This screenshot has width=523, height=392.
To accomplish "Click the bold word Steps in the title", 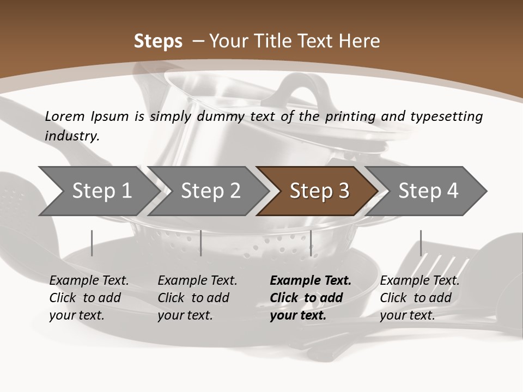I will pos(158,41).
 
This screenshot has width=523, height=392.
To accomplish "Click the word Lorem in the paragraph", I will pos(65,116).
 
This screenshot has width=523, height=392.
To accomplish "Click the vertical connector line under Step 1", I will pos(92,243).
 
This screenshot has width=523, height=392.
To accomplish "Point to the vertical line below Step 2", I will pos(201,243).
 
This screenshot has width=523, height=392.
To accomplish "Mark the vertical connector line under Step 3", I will pos(311,243).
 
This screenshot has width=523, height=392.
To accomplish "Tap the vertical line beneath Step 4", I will pos(421,243).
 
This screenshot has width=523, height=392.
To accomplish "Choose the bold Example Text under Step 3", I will pos(311,281).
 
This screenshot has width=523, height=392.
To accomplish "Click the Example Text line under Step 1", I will pos(89,281).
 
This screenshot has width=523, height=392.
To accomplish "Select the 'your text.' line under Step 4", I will pos(407,315).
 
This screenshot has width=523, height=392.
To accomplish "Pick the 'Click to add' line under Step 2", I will pos(193,298).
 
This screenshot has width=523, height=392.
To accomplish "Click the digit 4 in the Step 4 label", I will pos(452,191).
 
